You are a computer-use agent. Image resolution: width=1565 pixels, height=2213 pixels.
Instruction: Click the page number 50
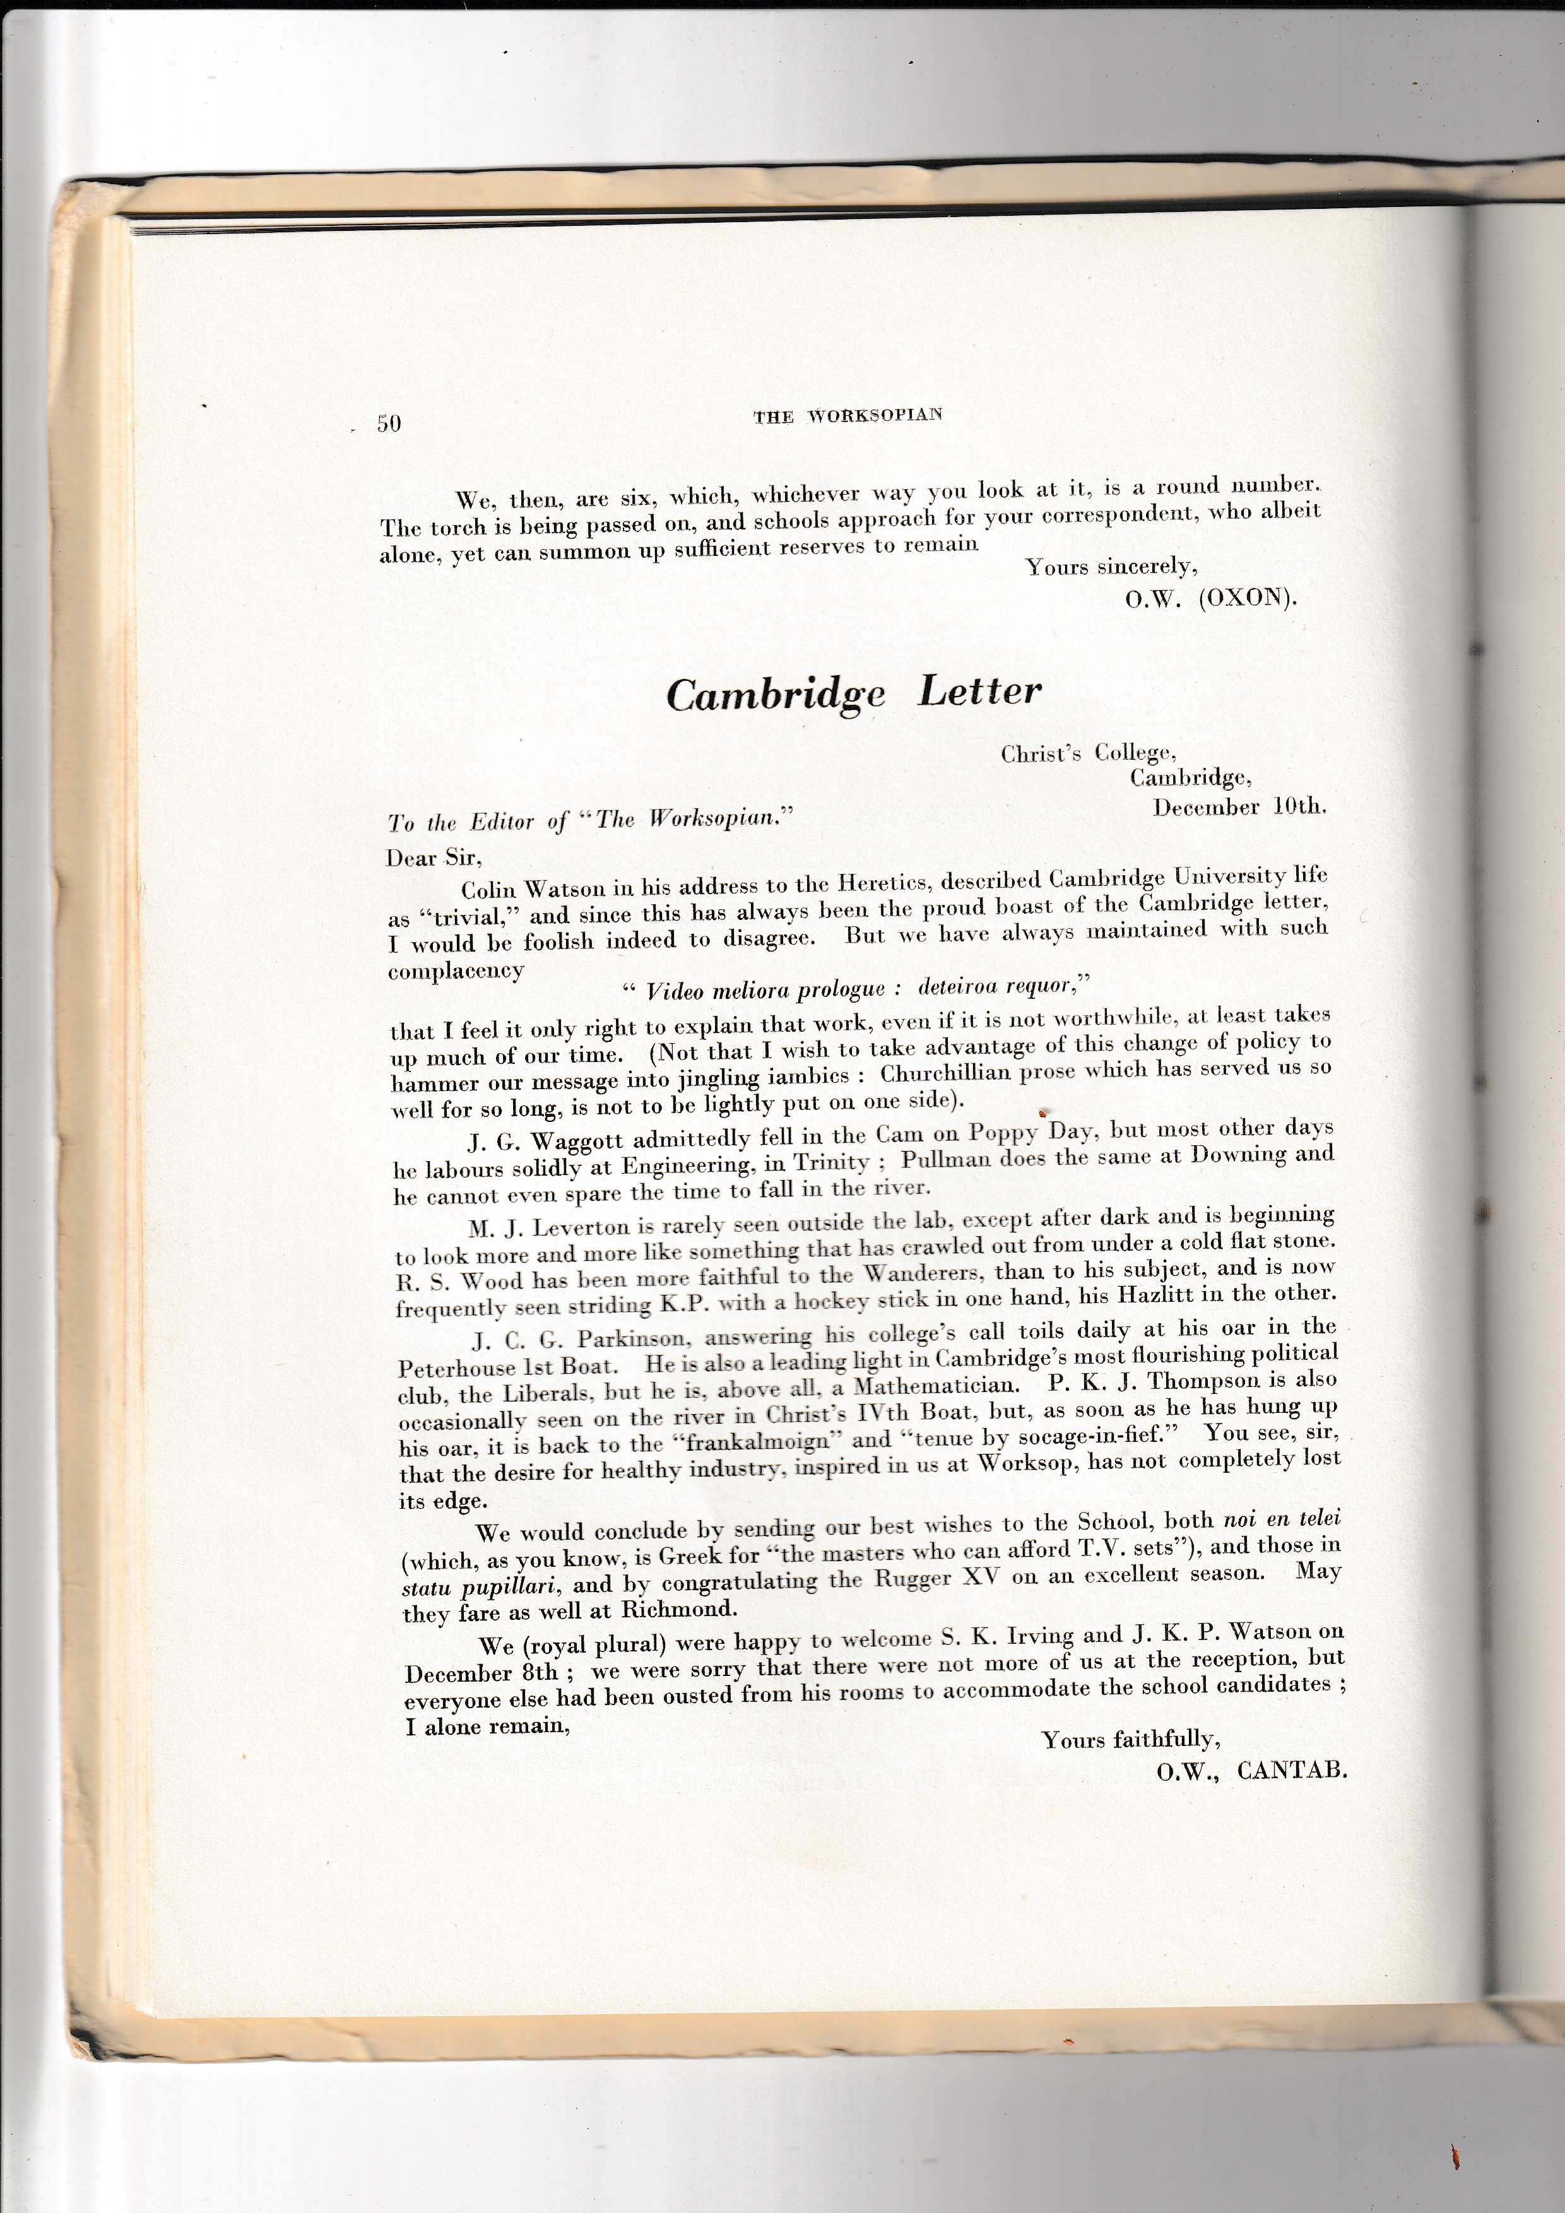click(x=389, y=423)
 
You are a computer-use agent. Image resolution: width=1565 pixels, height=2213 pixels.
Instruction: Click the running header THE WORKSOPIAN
click(x=847, y=415)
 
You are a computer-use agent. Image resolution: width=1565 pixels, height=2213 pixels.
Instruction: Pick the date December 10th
click(x=1239, y=806)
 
